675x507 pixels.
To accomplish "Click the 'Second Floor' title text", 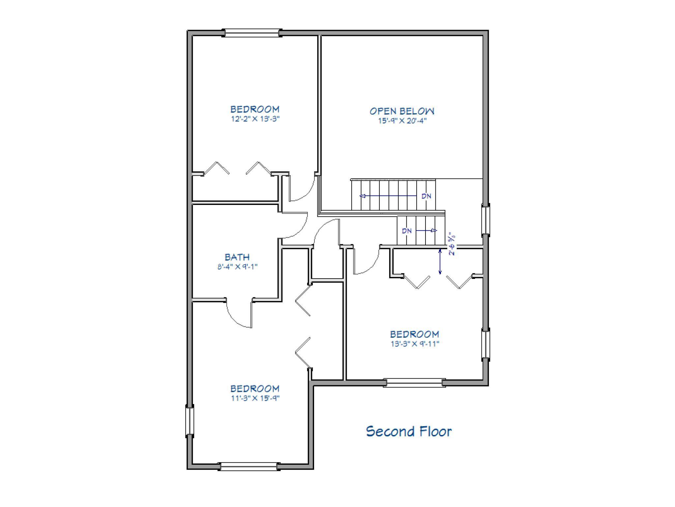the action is (409, 431).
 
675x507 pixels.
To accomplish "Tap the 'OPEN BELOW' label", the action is (402, 111).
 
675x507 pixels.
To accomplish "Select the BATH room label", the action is (237, 257).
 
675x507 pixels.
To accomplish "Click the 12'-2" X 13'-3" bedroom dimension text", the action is (255, 119).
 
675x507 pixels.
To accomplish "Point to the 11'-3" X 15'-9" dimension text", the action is (255, 398).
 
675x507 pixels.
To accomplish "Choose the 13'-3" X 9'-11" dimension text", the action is (415, 344).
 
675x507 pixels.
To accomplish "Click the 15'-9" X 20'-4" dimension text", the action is (402, 121).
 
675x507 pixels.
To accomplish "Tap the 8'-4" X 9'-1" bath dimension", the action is (237, 267).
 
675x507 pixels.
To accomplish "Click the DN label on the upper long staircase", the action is (426, 196).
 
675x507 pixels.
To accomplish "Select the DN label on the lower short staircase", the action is (407, 231).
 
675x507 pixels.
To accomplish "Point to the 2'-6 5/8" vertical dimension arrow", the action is (440, 262).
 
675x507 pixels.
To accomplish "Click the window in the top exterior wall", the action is (252, 33).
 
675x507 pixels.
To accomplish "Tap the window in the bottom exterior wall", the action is (249, 466).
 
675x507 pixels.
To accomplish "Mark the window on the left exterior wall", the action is (190, 421).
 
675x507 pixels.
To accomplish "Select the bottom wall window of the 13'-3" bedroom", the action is (414, 383).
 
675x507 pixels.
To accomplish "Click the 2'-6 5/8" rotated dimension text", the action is (452, 245).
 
